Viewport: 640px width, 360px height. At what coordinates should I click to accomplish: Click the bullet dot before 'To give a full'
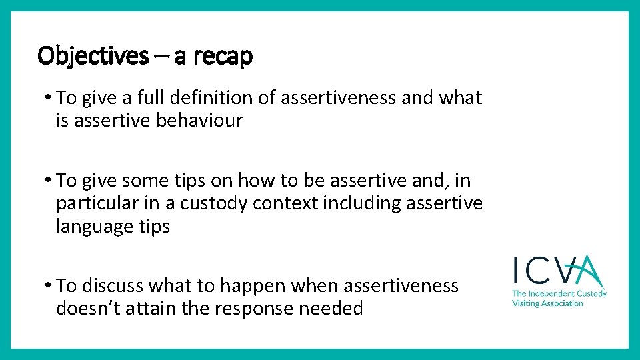coord(49,97)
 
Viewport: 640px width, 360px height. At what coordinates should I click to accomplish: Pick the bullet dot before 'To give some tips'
coord(49,180)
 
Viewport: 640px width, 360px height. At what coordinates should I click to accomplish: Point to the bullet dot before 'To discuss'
coord(49,285)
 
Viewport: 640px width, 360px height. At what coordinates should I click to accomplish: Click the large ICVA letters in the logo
coord(559,271)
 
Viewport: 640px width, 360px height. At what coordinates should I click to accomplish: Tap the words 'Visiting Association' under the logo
coord(547,303)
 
